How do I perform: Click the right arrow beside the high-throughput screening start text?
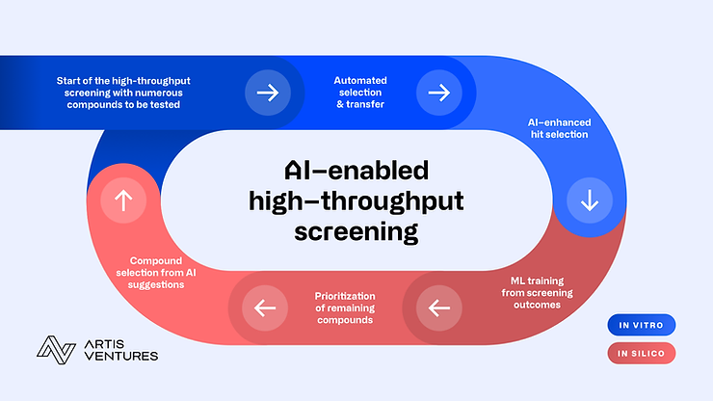(266, 93)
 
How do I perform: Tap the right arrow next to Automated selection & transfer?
(438, 93)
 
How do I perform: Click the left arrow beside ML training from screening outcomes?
(438, 308)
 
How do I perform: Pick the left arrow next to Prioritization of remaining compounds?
(266, 308)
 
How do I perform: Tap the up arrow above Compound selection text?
(123, 200)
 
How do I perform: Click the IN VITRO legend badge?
(642, 325)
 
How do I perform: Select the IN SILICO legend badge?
(642, 354)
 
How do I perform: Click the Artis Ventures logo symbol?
(56, 349)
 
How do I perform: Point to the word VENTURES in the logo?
(120, 356)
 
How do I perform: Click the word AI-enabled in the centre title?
(356, 171)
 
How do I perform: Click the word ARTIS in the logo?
(106, 342)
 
